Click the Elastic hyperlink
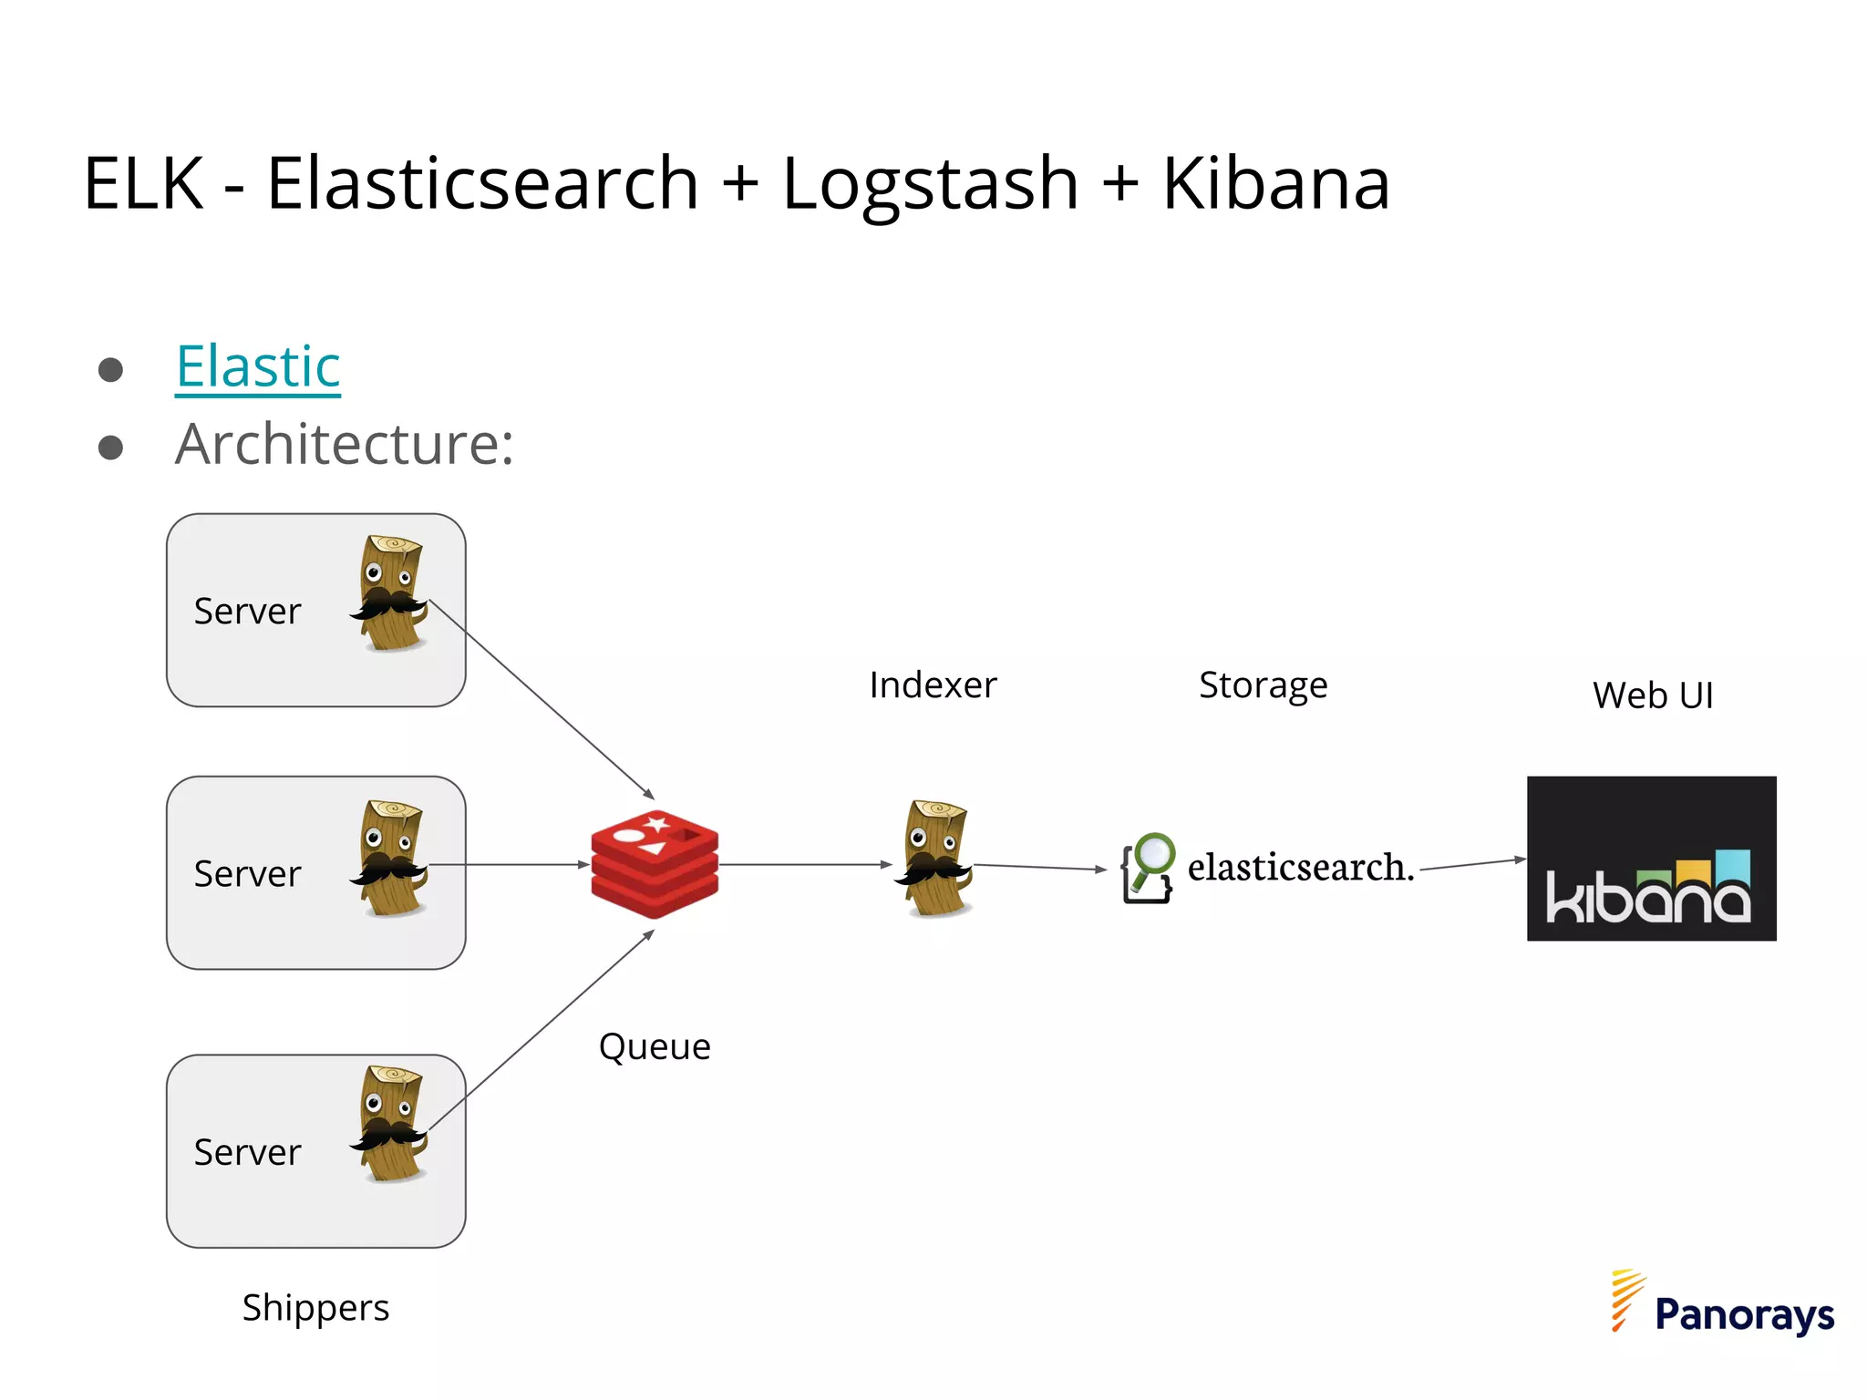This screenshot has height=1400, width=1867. pyautogui.click(x=258, y=366)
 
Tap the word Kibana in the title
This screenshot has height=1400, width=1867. pyautogui.click(x=1275, y=183)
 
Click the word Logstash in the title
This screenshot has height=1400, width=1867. pyautogui.click(x=930, y=183)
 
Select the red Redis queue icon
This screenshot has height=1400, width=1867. pyautogui.click(x=655, y=863)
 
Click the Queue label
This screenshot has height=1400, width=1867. pyautogui.click(x=655, y=1046)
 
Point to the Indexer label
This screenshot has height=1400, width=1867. pyautogui.click(x=933, y=685)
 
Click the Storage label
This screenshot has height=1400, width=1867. pyautogui.click(x=1263, y=685)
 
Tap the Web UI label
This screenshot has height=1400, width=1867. pyautogui.click(x=1652, y=695)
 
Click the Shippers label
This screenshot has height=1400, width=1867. pyautogui.click(x=315, y=1308)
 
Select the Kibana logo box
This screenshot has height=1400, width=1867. pyautogui.click(x=1651, y=859)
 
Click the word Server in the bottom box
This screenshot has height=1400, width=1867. pyautogui.click(x=247, y=1153)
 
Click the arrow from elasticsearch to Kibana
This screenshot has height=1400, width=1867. pyautogui.click(x=1471, y=864)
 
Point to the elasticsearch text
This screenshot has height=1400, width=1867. pyautogui.click(x=1299, y=867)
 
